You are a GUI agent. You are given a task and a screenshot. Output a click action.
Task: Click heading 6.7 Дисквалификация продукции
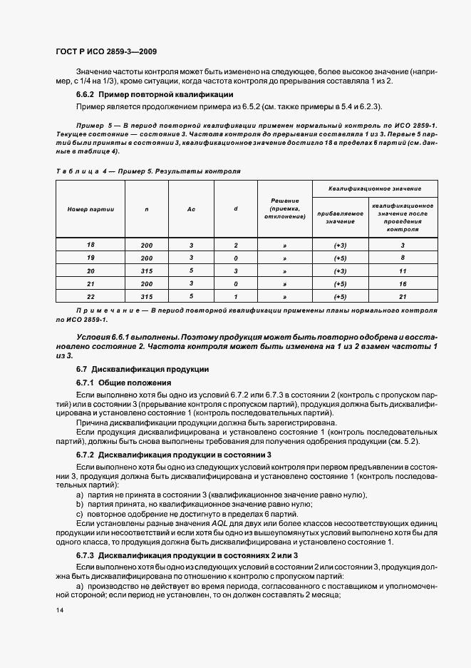click(x=142, y=369)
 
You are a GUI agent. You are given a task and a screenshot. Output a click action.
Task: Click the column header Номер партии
click(x=90, y=209)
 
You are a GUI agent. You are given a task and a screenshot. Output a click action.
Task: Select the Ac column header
click(x=191, y=209)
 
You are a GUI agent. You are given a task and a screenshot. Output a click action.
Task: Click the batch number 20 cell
click(x=90, y=270)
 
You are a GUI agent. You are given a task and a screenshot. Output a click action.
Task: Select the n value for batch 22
click(x=147, y=296)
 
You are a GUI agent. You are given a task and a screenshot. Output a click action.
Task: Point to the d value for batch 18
click(x=235, y=245)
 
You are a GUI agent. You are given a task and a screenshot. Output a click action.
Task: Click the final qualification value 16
click(x=403, y=283)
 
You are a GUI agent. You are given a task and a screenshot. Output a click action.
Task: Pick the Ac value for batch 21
click(x=191, y=283)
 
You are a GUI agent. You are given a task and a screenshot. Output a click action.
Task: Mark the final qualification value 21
click(x=403, y=296)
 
